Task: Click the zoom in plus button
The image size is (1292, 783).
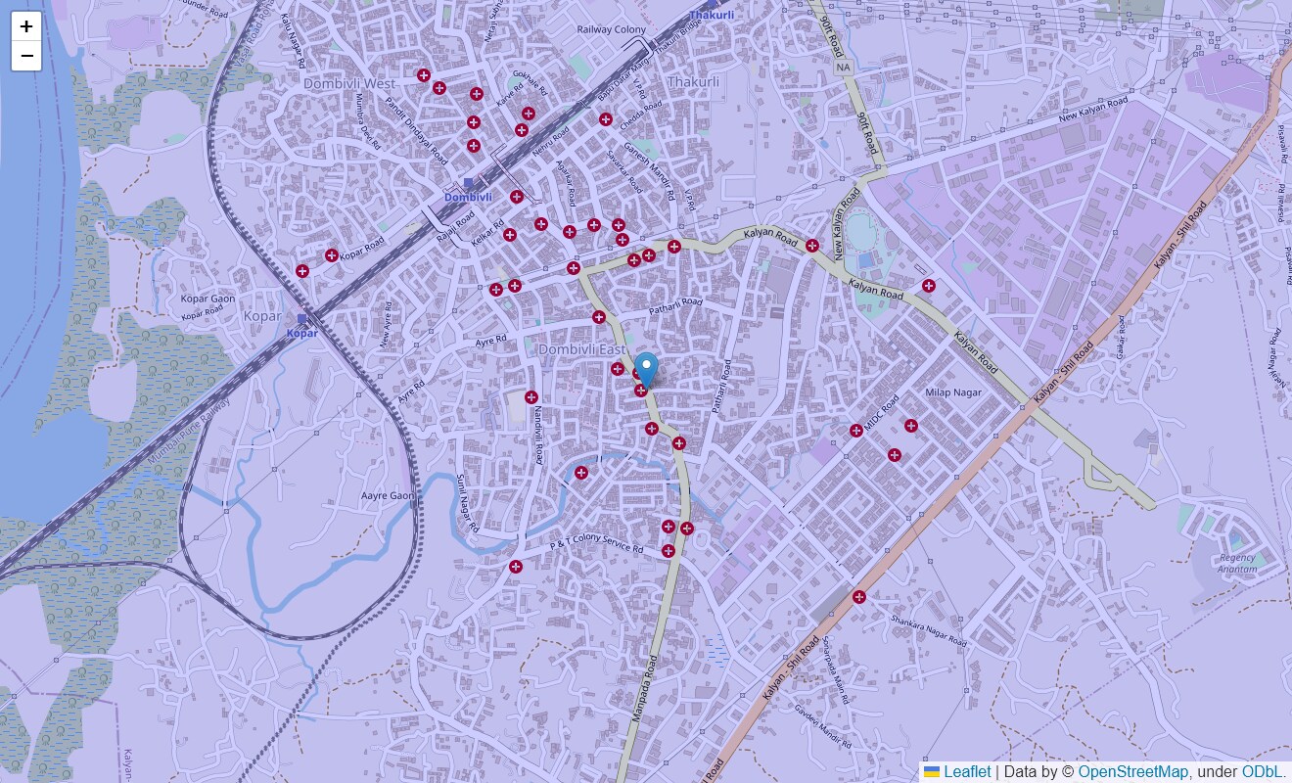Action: point(26,26)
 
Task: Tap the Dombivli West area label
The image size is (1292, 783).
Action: point(349,84)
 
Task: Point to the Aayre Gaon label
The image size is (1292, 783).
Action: point(388,496)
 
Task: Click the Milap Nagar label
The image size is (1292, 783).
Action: point(952,392)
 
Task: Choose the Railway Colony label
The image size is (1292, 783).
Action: point(612,30)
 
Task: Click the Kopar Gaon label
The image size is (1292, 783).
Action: point(208,299)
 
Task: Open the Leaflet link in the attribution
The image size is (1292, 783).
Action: point(966,772)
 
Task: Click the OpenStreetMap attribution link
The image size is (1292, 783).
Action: point(1132,772)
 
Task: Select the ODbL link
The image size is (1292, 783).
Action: point(1264,772)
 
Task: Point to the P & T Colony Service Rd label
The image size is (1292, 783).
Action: point(596,546)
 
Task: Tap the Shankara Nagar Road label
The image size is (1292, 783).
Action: point(928,629)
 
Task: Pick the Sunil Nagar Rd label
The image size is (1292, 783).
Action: point(468,503)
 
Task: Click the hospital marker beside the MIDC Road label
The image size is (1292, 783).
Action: point(855,431)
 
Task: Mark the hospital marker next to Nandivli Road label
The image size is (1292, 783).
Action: point(531,397)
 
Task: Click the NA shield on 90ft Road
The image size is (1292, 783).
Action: point(844,68)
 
